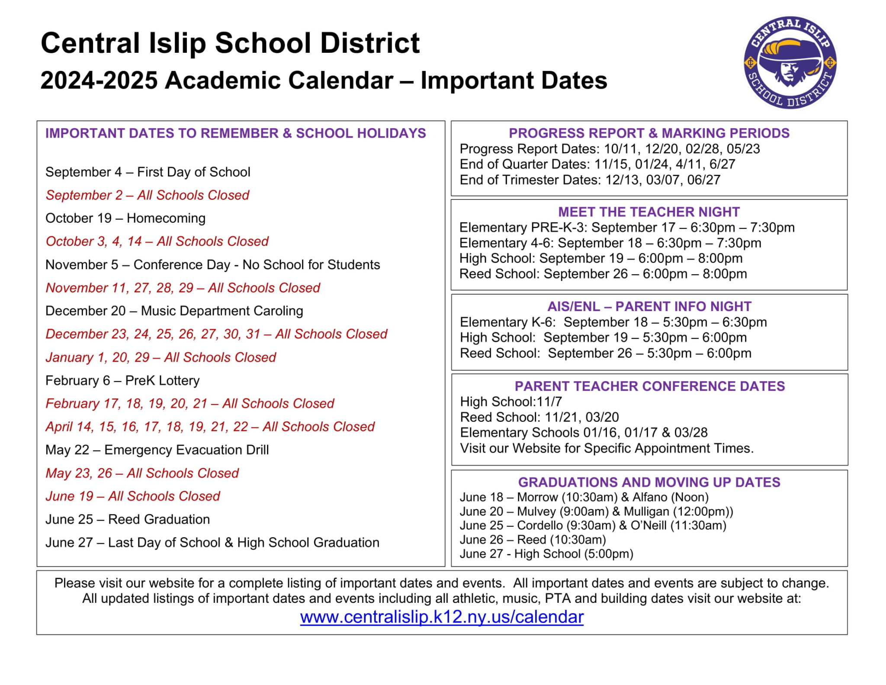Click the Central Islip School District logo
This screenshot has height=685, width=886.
(x=790, y=63)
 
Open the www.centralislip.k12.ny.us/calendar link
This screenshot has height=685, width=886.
(x=442, y=617)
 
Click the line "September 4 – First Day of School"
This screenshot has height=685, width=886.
(x=148, y=172)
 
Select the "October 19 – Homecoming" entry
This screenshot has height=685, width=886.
(x=125, y=218)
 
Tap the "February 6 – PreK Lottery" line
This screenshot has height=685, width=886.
(x=122, y=380)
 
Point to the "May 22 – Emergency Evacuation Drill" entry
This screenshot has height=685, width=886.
(x=157, y=450)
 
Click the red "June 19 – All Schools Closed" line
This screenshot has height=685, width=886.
(x=133, y=496)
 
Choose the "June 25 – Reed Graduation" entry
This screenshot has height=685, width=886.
(x=128, y=519)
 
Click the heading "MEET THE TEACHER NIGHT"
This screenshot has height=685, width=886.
(x=649, y=212)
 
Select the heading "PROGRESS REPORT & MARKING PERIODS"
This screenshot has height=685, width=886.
(x=649, y=133)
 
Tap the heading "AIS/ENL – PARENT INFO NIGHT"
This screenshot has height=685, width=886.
(x=649, y=306)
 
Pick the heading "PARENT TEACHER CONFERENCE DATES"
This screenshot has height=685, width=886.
(x=649, y=386)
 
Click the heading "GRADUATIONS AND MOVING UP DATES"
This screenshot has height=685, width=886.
(x=649, y=482)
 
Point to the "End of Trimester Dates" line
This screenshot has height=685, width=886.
(x=590, y=180)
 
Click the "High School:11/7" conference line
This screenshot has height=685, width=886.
(x=511, y=402)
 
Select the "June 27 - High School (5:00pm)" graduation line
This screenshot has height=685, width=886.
(x=546, y=554)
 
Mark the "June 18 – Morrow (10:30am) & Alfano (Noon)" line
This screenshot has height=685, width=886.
(x=584, y=497)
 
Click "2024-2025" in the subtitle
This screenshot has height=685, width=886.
(x=99, y=80)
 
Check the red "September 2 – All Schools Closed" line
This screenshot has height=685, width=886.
(x=148, y=195)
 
